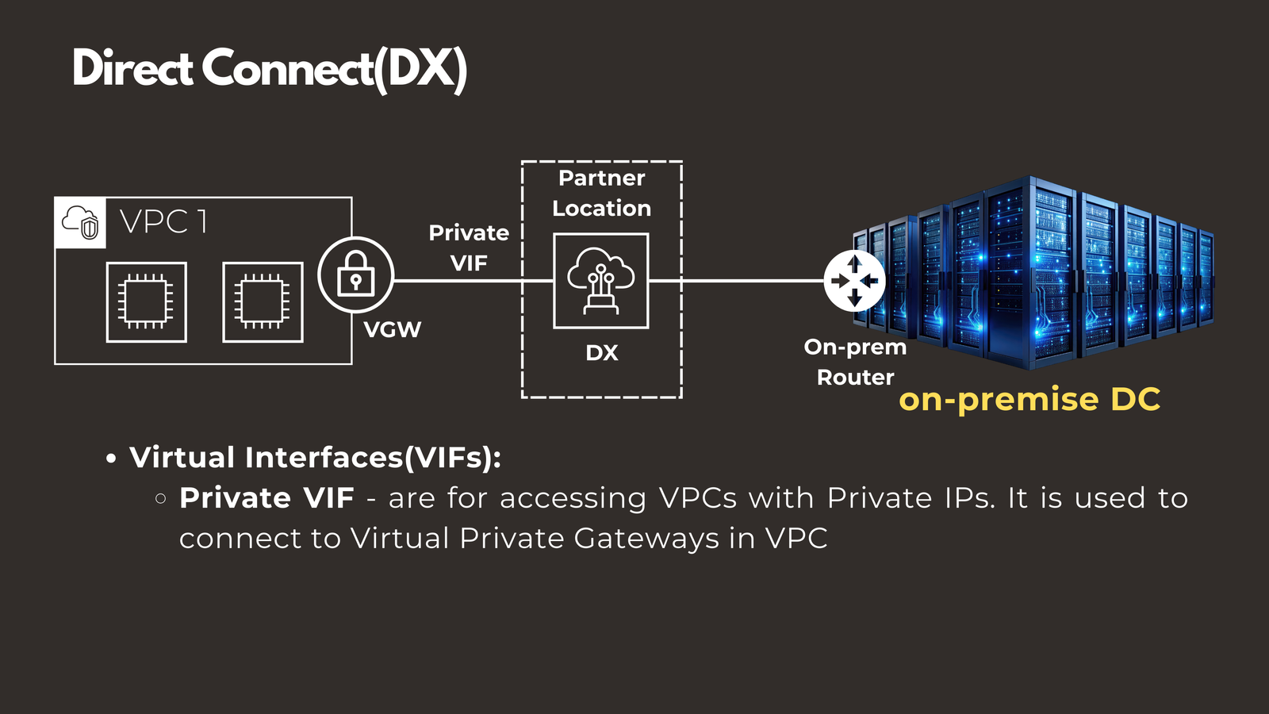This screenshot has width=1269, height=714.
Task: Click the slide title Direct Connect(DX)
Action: (x=270, y=69)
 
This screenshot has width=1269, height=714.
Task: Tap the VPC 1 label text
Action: (x=164, y=222)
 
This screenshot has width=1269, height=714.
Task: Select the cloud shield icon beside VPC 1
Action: (x=80, y=222)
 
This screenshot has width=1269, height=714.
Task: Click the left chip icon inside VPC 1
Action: (x=147, y=302)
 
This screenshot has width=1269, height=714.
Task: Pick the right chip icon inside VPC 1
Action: (x=263, y=302)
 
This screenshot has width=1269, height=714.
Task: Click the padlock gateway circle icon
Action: (x=355, y=274)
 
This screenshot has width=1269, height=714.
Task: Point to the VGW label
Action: (x=392, y=330)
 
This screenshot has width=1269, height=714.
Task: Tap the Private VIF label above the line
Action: (x=469, y=248)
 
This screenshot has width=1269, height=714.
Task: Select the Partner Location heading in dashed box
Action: (x=601, y=193)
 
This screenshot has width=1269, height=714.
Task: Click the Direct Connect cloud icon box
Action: (x=600, y=281)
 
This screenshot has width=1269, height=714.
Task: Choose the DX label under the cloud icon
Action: (x=601, y=353)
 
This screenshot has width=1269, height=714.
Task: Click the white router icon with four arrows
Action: (x=854, y=281)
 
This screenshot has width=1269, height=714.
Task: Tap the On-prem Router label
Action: (x=855, y=362)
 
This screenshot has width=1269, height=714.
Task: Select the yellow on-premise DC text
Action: (x=1029, y=399)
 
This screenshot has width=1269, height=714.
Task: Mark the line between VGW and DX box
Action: (x=458, y=281)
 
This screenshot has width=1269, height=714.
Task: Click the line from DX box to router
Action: (x=738, y=281)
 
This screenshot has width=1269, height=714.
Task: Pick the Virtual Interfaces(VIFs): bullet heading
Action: (x=315, y=458)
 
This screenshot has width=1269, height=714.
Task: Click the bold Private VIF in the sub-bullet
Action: (x=266, y=498)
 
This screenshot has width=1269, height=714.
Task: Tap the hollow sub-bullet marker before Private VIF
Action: (x=161, y=499)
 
